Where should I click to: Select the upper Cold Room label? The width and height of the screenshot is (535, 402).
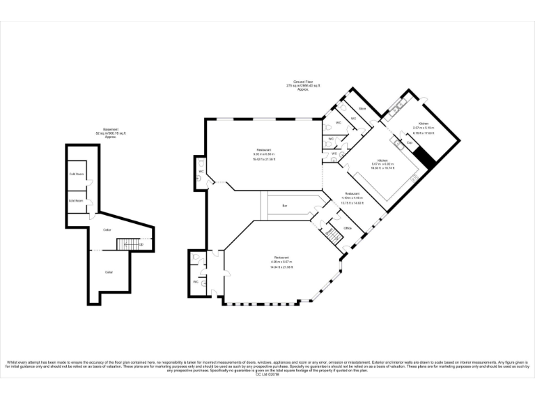[x=76, y=174]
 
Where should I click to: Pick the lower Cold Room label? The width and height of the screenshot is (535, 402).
[x=76, y=201]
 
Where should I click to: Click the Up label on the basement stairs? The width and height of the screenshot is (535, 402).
[x=141, y=244]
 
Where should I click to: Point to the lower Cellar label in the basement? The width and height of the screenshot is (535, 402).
[x=109, y=271]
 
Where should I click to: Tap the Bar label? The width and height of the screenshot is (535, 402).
[x=285, y=206]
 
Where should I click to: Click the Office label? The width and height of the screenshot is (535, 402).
[x=348, y=228]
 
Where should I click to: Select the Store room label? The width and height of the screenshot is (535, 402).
[x=362, y=109]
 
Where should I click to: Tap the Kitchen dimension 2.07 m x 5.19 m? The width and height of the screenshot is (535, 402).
[x=423, y=128]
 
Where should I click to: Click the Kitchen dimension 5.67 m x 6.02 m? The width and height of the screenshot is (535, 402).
[x=383, y=164]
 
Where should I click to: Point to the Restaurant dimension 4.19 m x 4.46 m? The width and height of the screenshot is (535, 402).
[x=352, y=198]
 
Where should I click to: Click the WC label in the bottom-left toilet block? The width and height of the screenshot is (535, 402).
[x=196, y=281]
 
